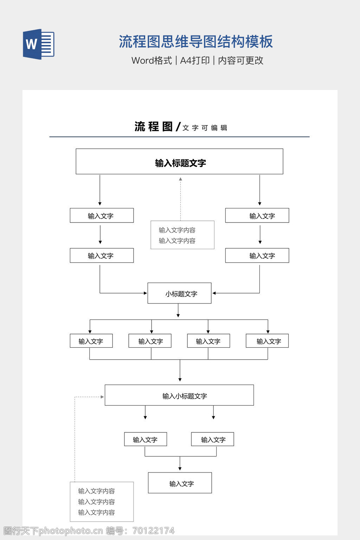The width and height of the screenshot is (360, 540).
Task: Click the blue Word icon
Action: tap(38, 44)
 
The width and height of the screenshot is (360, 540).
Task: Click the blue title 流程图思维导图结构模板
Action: tap(195, 41)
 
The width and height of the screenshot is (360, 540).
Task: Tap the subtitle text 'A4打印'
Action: tap(195, 60)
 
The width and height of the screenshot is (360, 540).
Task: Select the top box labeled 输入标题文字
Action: tap(179, 161)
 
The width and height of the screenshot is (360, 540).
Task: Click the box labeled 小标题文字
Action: tap(179, 293)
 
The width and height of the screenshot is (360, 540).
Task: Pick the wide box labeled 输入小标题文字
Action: tap(179, 395)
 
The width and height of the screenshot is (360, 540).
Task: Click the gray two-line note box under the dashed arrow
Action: tap(182, 235)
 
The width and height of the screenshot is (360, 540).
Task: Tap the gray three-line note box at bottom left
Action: tap(102, 502)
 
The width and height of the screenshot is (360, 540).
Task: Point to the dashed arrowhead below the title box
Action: tap(180, 179)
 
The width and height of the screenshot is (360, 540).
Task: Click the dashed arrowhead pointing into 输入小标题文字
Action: tap(102, 397)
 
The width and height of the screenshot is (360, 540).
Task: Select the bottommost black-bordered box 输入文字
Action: tap(180, 483)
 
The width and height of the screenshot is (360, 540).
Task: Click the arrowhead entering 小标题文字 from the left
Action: tap(145, 293)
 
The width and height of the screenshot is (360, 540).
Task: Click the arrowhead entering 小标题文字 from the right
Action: tap(214, 293)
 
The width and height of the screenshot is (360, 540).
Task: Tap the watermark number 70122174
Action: tap(153, 531)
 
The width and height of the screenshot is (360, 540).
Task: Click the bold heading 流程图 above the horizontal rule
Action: tap(153, 127)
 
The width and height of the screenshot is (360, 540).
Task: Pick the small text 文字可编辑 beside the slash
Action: tap(205, 128)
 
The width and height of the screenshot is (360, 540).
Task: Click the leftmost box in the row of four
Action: tap(91, 341)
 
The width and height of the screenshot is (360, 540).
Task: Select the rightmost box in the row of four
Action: tap(267, 341)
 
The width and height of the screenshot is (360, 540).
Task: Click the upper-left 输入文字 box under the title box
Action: tap(102, 216)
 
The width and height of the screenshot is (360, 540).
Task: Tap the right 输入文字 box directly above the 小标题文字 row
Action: tap(257, 256)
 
